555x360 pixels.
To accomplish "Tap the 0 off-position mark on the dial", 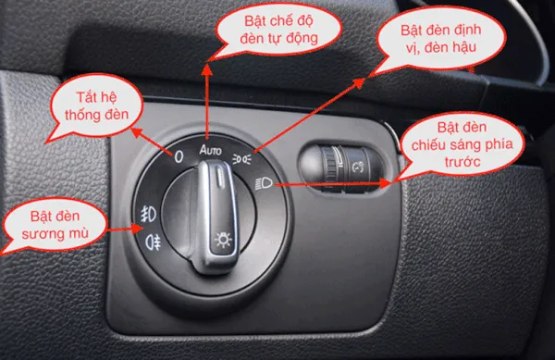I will click(179, 155).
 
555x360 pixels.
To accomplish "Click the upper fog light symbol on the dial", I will click(145, 210).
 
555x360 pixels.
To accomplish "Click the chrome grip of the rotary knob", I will click(218, 199).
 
